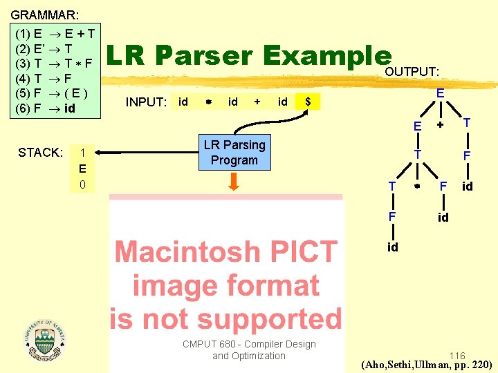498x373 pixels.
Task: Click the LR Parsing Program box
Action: tap(234, 153)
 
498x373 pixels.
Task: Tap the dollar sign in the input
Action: tap(308, 102)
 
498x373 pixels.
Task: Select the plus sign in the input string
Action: tap(257, 102)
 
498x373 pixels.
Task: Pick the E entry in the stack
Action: tap(82, 169)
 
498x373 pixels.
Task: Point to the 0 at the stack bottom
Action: tap(82, 184)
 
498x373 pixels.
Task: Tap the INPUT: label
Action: tap(146, 103)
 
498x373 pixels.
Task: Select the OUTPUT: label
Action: tap(412, 72)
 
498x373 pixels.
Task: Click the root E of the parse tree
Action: tap(439, 92)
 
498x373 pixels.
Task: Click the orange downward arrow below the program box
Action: tap(234, 181)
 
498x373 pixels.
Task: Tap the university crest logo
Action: tap(44, 338)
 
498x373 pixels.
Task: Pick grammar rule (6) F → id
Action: tap(46, 108)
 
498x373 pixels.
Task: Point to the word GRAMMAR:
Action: tap(44, 14)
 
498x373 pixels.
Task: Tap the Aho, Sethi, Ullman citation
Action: tap(427, 364)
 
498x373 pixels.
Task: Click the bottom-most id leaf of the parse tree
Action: tap(392, 247)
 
